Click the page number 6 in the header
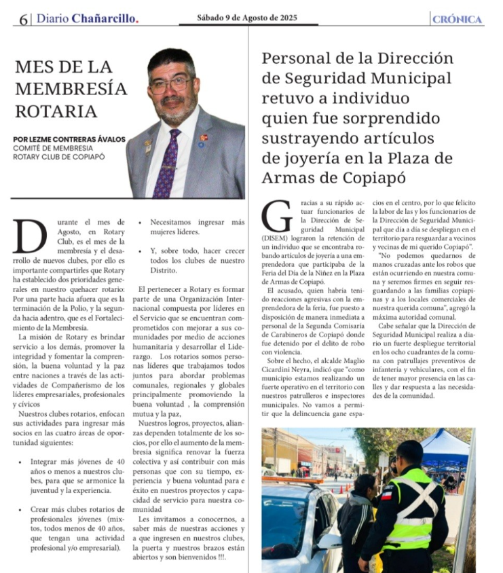pos(24,20)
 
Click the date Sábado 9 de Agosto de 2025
pos(248,18)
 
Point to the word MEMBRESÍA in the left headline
pos(71,89)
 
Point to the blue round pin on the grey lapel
pos(202,144)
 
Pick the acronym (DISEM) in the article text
pos(278,238)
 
